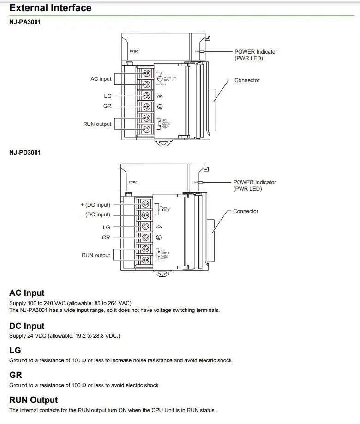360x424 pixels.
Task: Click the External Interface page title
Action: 50,8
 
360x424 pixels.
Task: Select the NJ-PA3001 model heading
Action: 25,22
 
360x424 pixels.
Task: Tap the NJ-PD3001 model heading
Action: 25,152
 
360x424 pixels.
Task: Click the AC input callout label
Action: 101,79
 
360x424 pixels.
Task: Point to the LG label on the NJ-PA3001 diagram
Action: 108,96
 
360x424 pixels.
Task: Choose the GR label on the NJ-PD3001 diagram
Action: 106,238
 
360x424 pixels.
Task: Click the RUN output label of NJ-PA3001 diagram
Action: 97,124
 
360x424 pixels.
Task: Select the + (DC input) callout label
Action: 96,205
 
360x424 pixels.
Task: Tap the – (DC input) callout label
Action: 96,215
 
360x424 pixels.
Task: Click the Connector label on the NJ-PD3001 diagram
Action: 246,211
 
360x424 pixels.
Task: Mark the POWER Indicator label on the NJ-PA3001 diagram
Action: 256,52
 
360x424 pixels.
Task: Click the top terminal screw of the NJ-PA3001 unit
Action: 146,73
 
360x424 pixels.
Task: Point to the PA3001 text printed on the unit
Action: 135,51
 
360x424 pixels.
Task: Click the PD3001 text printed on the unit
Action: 133,182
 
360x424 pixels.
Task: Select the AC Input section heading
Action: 27,293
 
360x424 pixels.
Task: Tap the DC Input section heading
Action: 27,326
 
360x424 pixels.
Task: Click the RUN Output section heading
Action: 34,400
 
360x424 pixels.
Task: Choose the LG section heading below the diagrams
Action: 15,351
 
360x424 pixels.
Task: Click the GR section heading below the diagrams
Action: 16,376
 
